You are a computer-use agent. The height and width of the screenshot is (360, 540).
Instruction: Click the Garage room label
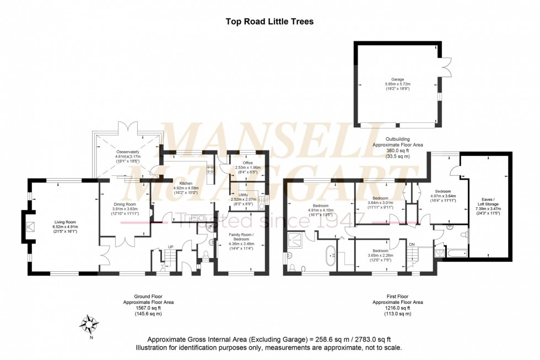coord(395,79)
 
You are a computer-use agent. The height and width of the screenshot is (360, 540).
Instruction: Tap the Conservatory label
coord(128,152)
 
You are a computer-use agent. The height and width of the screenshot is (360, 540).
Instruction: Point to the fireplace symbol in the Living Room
coord(31,225)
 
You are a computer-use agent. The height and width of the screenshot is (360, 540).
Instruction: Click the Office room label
coord(243,163)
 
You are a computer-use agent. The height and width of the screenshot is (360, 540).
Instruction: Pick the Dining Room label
coord(123,204)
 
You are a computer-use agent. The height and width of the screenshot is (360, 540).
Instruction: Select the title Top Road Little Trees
coord(269,22)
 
